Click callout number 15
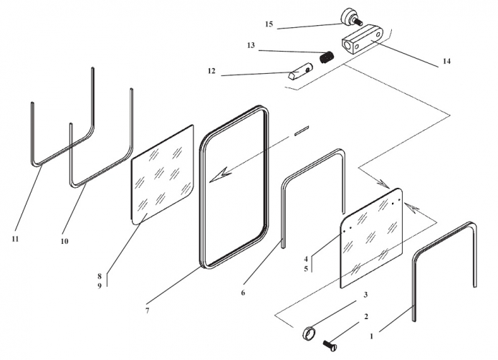(269, 24)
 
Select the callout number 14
(446, 62)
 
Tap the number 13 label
(251, 45)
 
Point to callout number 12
(211, 71)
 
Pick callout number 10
(64, 242)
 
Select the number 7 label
(148, 311)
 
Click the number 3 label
(365, 295)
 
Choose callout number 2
(365, 316)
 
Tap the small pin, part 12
(298, 72)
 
